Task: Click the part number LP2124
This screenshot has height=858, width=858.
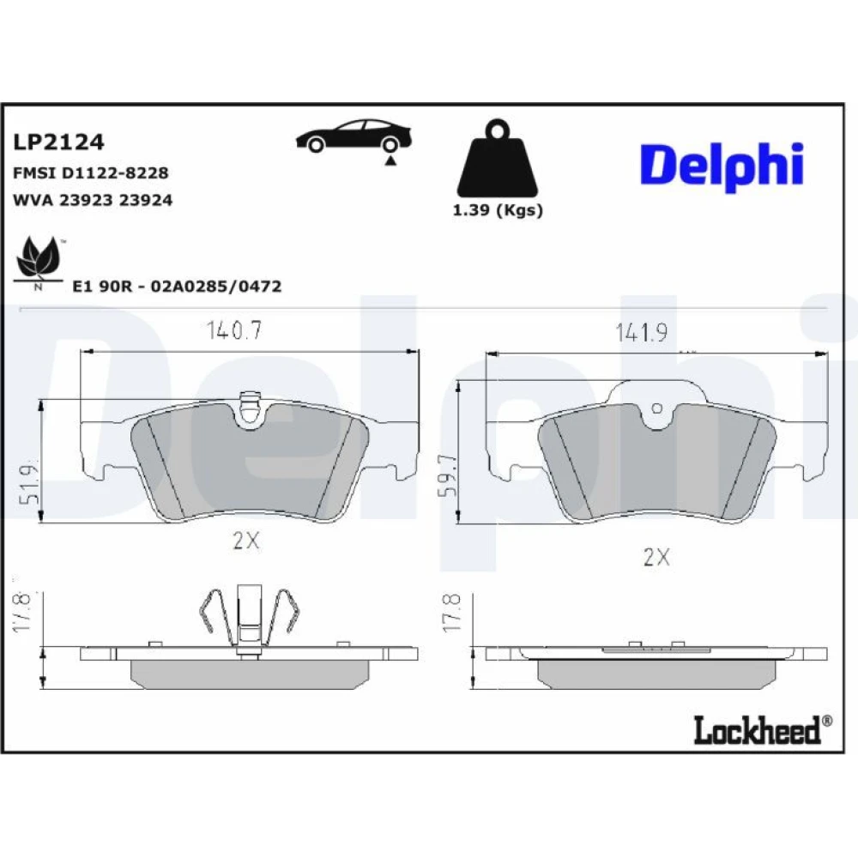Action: pos(58,142)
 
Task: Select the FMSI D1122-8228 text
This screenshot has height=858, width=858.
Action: pos(90,173)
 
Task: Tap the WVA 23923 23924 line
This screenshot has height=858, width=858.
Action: pos(93,200)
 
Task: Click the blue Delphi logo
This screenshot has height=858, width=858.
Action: pos(722,165)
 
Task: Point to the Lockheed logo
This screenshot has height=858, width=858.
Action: pos(763,730)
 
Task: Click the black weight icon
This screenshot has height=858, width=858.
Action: pos(498,159)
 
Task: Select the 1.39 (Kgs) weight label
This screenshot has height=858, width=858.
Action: pos(498,210)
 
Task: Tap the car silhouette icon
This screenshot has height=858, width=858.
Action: pos(353,136)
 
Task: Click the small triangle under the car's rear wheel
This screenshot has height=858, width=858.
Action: pos(390,161)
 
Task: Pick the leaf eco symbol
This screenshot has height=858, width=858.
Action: pos(37,262)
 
